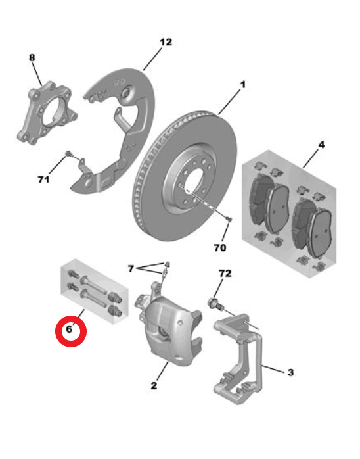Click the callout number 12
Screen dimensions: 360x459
[166, 43]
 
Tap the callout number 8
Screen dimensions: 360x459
[32, 58]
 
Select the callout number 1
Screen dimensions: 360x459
[242, 85]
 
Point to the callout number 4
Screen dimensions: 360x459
[321, 145]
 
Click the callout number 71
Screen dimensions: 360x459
[43, 179]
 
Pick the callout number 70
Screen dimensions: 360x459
[220, 248]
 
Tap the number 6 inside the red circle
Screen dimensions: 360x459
[69, 329]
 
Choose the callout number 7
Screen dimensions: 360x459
[131, 268]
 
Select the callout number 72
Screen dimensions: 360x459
[225, 274]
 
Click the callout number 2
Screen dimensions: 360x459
[154, 385]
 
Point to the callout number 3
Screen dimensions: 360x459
[290, 372]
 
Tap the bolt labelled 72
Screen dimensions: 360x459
[216, 304]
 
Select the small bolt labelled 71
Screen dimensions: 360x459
[69, 153]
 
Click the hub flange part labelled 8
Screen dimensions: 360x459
[47, 113]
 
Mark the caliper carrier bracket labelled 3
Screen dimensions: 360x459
[238, 357]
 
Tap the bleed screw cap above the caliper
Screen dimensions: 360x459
[168, 264]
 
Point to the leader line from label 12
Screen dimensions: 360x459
[152, 59]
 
